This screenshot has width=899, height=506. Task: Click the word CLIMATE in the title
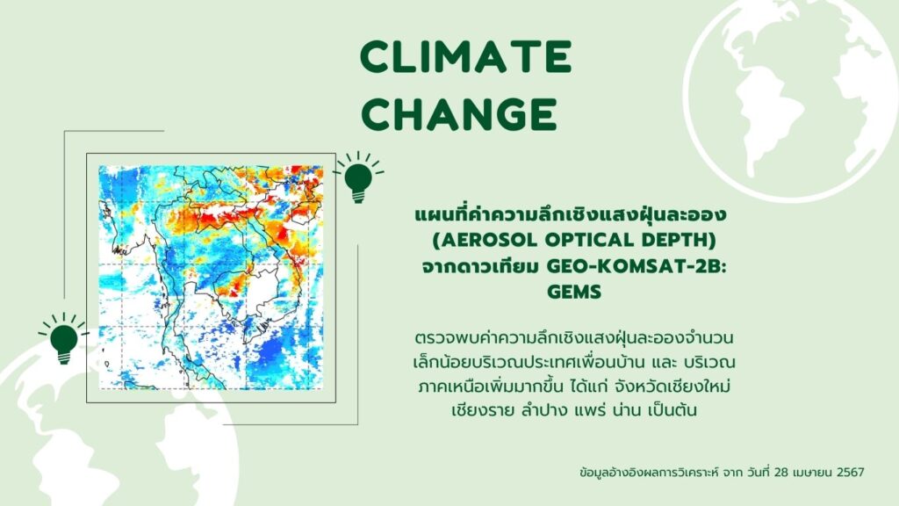coord(465,57)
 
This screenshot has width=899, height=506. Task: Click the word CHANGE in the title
coord(459,113)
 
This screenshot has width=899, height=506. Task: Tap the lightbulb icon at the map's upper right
coord(358,177)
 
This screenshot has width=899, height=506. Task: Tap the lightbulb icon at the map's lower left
coord(63,339)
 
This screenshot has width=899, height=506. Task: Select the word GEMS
coord(574,292)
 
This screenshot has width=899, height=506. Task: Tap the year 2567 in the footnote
coord(850,472)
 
